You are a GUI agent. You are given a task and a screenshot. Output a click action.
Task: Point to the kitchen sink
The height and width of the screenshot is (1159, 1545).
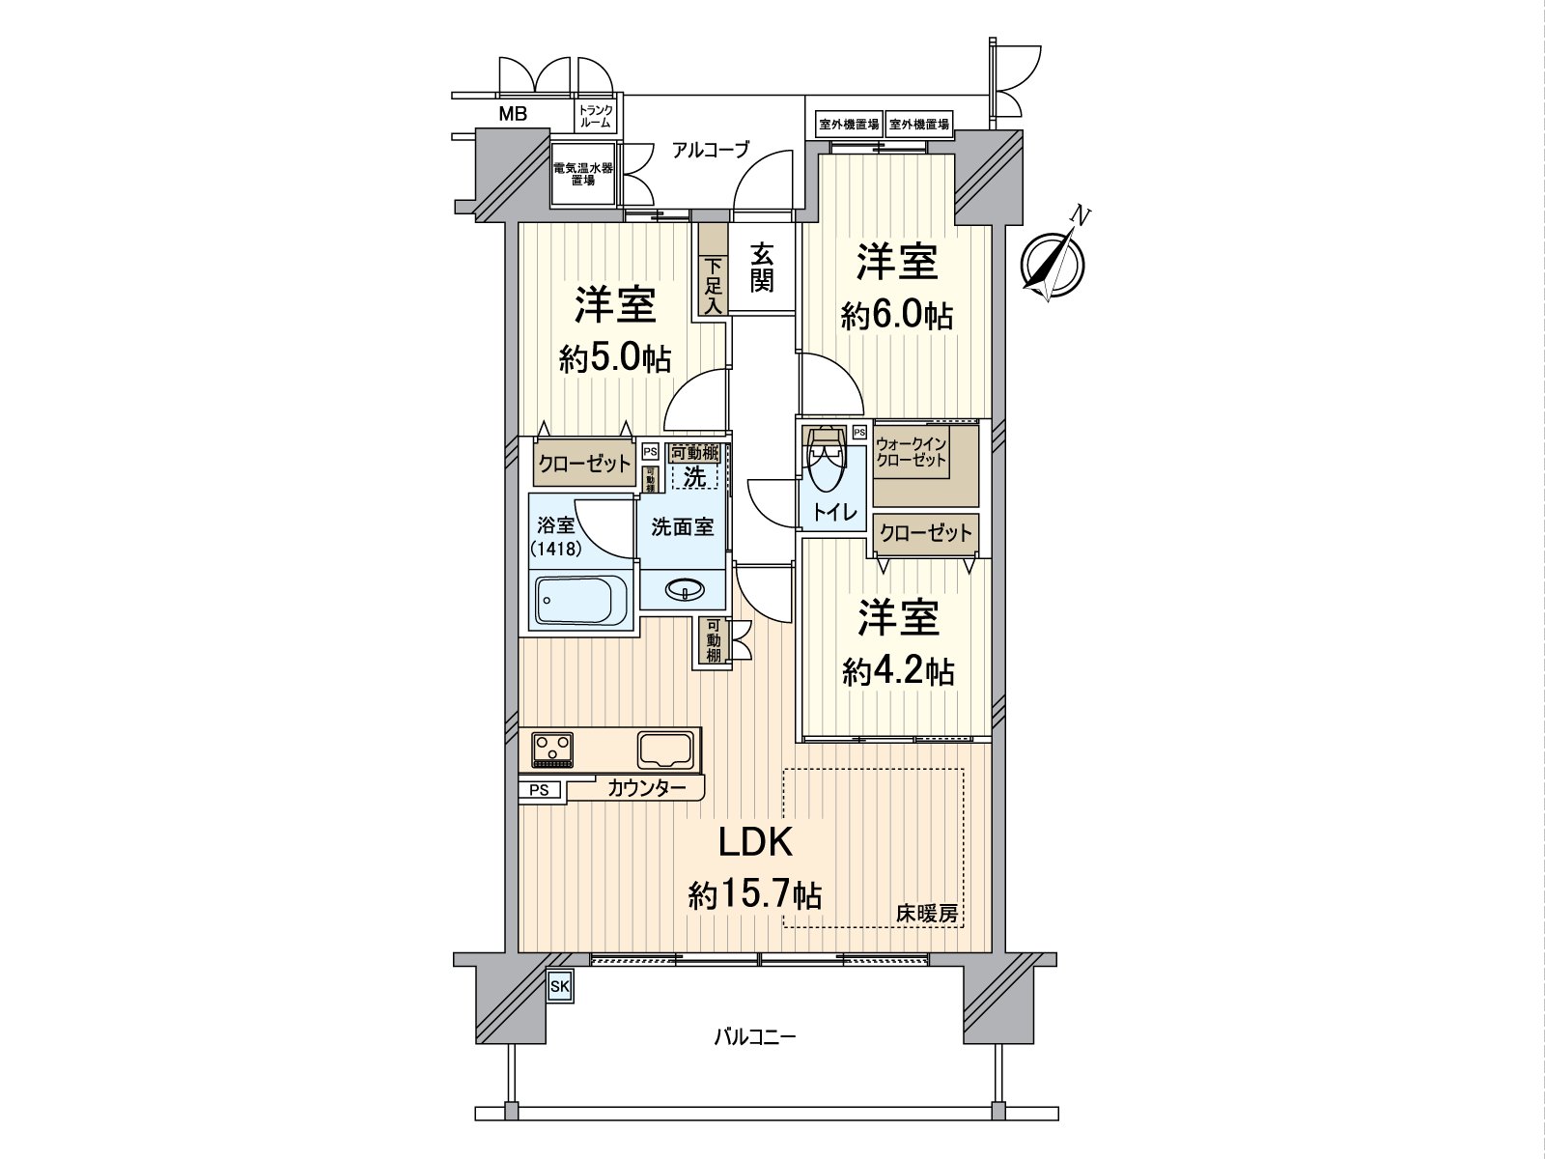[x=664, y=749]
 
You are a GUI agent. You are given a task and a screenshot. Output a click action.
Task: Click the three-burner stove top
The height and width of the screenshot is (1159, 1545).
[x=552, y=749]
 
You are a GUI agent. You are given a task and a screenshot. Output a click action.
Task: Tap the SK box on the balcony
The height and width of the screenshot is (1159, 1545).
[x=560, y=986]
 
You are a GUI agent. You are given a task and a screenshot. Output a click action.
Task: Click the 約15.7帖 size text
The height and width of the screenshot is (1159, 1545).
[x=754, y=896]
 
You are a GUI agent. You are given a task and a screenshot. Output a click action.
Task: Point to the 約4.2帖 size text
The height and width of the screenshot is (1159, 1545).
[x=898, y=671]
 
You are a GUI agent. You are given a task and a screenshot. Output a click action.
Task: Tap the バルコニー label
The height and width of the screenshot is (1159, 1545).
[x=754, y=1038]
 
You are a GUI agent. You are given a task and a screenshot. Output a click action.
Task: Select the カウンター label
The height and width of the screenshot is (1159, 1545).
[x=647, y=789]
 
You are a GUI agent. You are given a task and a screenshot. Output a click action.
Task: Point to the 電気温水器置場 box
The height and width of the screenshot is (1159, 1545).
[x=582, y=174]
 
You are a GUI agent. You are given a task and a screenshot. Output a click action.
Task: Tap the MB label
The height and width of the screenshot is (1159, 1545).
[x=513, y=115]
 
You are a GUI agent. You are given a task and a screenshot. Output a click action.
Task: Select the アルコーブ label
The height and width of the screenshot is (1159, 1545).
[x=711, y=150]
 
